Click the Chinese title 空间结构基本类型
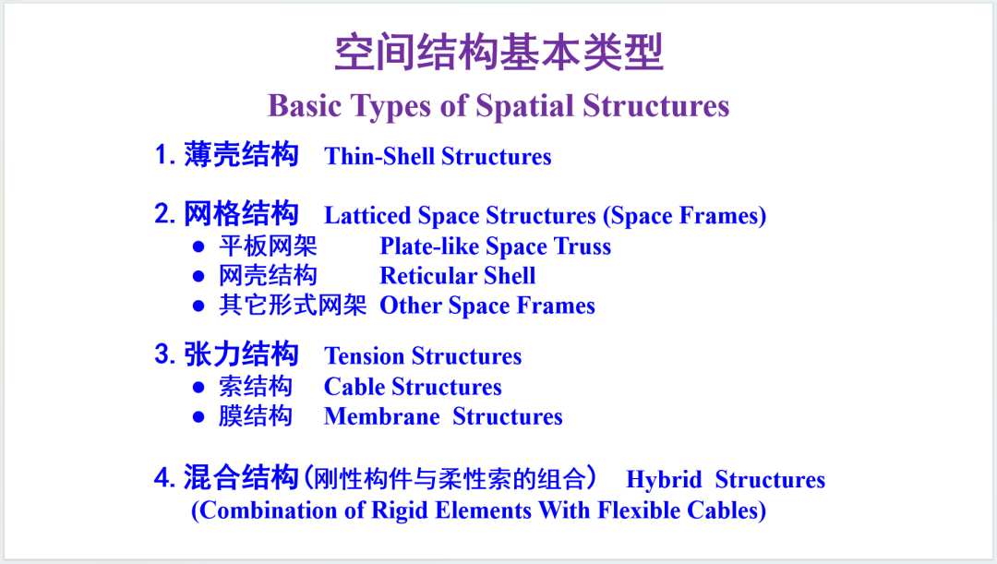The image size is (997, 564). point(499,52)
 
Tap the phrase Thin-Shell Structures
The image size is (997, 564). point(438,156)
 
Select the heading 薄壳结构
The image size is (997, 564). point(241,154)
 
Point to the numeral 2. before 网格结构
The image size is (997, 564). point(164,213)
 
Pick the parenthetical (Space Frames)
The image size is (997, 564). point(684,216)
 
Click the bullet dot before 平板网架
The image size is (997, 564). point(198,246)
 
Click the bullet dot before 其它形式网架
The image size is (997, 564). point(198,306)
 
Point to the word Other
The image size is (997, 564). point(411,306)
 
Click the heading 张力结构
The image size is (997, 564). point(241,354)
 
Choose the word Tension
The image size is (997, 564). point(364,356)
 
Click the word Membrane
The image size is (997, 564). point(382,416)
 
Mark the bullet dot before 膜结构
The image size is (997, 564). point(198,417)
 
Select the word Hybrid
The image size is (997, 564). point(664,479)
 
